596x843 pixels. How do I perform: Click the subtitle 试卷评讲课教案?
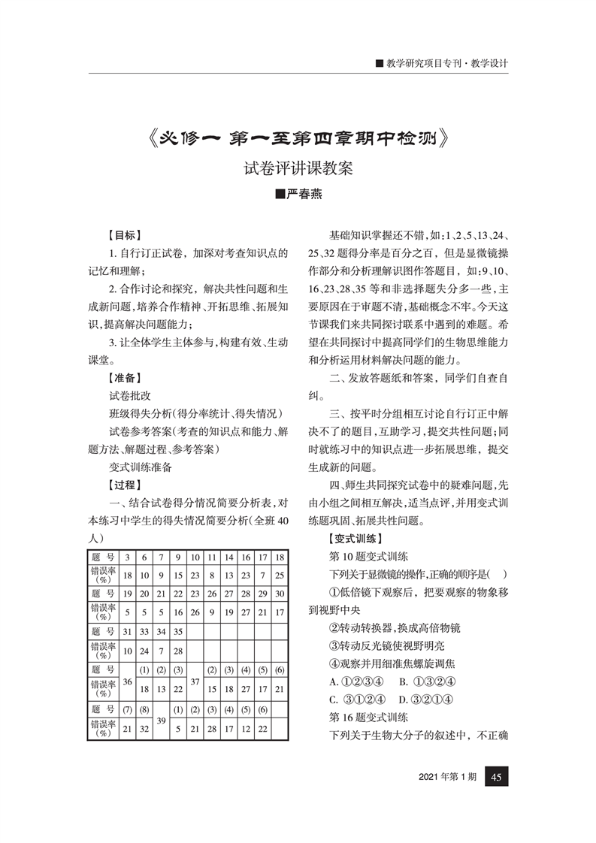(298, 168)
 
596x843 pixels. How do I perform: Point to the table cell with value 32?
(144, 729)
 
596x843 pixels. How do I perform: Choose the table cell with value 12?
(246, 729)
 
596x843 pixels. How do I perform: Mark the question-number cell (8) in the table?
(144, 709)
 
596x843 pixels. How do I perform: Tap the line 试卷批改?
(130, 394)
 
